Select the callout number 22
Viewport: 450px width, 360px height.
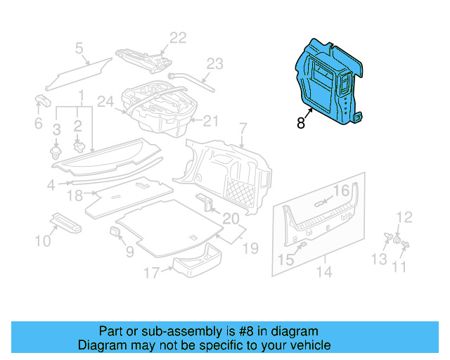179,37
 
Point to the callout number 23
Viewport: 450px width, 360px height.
214,64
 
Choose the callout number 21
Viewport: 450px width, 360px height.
212,121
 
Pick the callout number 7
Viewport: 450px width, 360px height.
243,129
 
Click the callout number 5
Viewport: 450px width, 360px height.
79,48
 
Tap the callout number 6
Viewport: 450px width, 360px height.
39,124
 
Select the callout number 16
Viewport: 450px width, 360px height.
341,191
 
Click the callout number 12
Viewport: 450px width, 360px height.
404,217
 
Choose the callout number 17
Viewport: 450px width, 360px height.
152,271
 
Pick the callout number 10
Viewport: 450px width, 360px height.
43,242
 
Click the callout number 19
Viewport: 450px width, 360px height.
251,247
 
